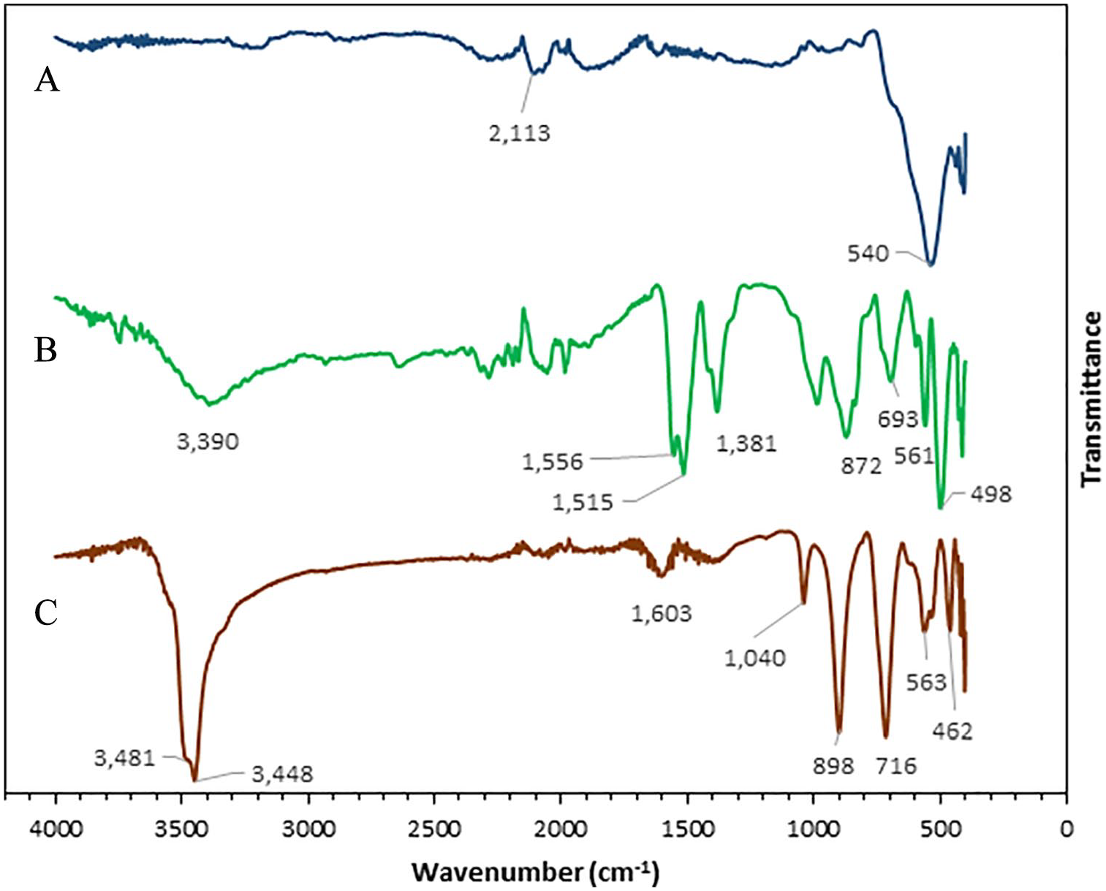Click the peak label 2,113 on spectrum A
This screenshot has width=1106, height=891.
pos(519,134)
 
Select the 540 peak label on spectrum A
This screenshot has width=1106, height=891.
pos(868,254)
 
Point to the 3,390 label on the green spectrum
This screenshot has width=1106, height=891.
pos(208,441)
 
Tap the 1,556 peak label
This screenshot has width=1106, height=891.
pos(553,462)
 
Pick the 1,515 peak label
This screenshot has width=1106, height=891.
pos(583,502)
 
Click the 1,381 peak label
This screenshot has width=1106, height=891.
pos(746,444)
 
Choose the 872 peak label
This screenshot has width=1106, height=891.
pos(861,466)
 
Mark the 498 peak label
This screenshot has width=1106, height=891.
pos(991,494)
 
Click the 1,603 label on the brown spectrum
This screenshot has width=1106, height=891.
pos(662,613)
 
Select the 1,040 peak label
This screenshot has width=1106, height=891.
pos(755,658)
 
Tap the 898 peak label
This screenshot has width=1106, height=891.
pos(833,765)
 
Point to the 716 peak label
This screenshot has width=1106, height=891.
pos(896,765)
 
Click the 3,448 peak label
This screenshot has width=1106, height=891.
pos(282,774)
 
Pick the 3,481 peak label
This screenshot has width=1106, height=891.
pos(124,757)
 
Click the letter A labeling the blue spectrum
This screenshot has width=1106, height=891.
pos(47,80)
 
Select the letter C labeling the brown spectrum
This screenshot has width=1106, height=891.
pos(46,613)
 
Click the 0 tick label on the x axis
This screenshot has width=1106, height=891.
pos(1067,829)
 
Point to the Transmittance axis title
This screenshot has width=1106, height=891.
pos(1091,398)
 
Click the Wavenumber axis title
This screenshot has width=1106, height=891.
pos(536,872)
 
